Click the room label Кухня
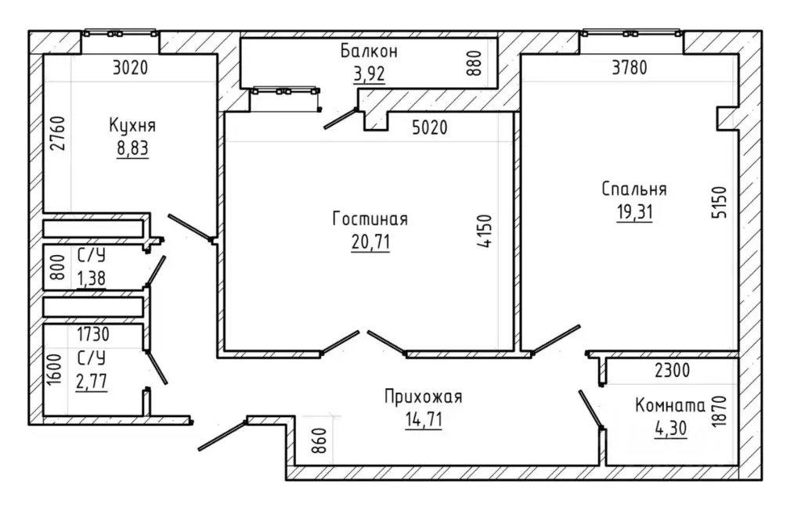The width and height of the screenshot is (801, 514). point(132,125)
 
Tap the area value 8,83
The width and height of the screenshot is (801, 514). point(132,148)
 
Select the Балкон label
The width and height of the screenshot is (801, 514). point(369,51)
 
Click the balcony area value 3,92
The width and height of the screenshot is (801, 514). point(369,74)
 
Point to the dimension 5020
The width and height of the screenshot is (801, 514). point(430,127)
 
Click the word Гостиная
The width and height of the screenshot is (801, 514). point(370,219)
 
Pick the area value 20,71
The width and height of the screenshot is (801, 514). point(370,242)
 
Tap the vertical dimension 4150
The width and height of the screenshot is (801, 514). point(485,232)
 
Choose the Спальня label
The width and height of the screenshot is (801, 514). point(634,189)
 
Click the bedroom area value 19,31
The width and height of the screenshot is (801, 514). point(634,211)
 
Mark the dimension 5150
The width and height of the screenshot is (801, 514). point(720,202)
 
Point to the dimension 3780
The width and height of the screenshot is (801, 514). point(630,67)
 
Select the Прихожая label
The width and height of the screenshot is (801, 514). point(424,397)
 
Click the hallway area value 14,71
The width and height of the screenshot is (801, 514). point(424,419)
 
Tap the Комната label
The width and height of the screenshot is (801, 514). point(670,406)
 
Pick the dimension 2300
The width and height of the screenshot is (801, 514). point(673,370)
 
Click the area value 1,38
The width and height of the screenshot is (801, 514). point(92,279)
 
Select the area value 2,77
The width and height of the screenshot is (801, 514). point(92,381)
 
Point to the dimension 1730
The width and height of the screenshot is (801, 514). point(93,334)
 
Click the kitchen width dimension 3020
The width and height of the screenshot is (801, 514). point(130,67)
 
